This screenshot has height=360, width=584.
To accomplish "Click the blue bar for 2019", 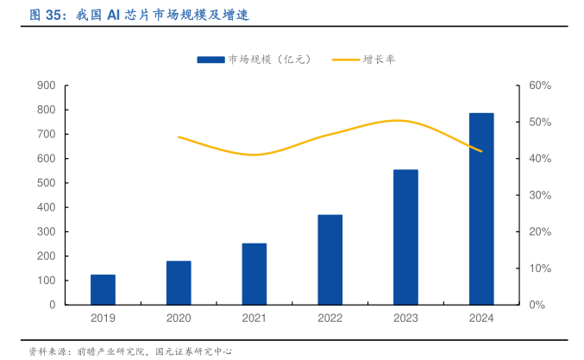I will [x=103, y=289].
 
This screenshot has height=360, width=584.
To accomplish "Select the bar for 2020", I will [x=179, y=282].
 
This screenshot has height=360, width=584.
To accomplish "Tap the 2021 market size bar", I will [x=254, y=274].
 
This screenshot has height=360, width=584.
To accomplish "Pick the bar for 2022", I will [x=330, y=259].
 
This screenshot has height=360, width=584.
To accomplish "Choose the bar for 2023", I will [x=405, y=237].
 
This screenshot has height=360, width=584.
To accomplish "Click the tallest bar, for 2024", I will [x=481, y=209].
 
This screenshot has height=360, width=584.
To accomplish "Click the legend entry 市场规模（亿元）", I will [x=254, y=59].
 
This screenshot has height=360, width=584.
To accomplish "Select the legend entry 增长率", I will [x=380, y=59].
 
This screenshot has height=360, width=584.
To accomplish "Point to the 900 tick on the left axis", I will [x=47, y=85].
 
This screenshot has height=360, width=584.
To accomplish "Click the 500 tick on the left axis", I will [x=47, y=183].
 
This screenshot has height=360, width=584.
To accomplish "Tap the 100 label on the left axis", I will [x=47, y=281].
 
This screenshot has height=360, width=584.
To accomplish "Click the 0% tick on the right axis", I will [x=537, y=305].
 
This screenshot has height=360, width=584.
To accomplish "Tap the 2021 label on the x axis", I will [x=254, y=319].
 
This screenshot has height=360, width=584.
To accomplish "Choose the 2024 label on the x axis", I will [x=481, y=319].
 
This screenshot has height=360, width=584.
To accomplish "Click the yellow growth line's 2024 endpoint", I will [x=481, y=152].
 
